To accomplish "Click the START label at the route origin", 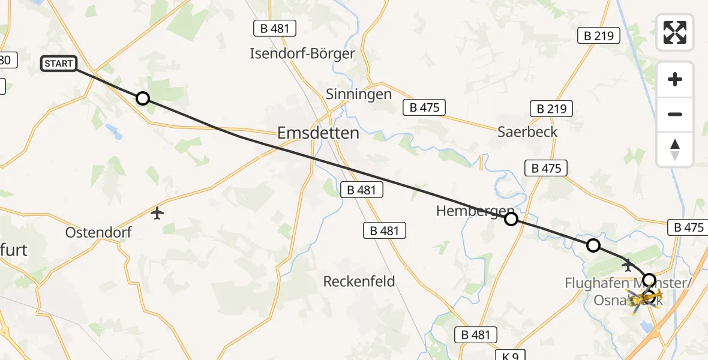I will pyautogui.click(x=59, y=64).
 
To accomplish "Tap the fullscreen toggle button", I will pyautogui.click(x=675, y=32).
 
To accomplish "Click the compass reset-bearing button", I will pyautogui.click(x=675, y=149).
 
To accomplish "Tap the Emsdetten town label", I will pyautogui.click(x=318, y=133).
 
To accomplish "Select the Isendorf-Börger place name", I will pyautogui.click(x=302, y=53).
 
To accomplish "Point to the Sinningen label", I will pyautogui.click(x=359, y=94).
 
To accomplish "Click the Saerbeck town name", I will pyautogui.click(x=527, y=131).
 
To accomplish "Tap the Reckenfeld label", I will pyautogui.click(x=359, y=281).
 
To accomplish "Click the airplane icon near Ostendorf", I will pyautogui.click(x=157, y=213).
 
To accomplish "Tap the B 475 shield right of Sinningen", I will pyautogui.click(x=424, y=108).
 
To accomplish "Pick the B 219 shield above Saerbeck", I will pyautogui.click(x=551, y=109).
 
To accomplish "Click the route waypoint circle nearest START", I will pyautogui.click(x=142, y=98).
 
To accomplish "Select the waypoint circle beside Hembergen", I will pyautogui.click(x=511, y=219).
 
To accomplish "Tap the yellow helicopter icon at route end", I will pyautogui.click(x=646, y=296).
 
